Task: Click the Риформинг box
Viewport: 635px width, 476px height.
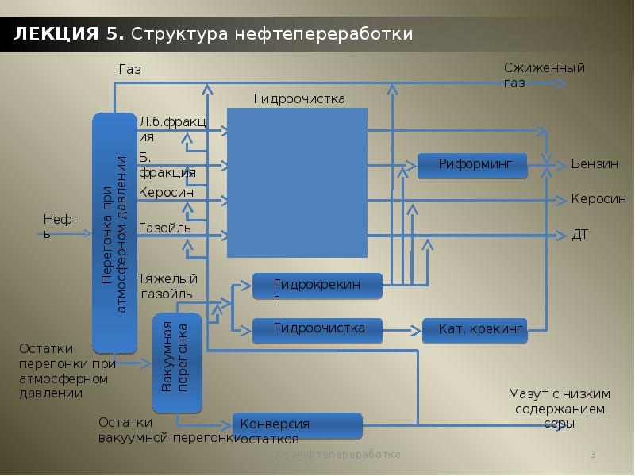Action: [472, 165]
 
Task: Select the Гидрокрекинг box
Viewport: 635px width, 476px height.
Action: [317, 286]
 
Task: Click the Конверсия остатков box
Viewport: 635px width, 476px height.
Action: [297, 426]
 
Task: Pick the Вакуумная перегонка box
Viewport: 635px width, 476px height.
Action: [178, 363]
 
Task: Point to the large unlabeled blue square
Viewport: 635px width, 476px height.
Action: [297, 182]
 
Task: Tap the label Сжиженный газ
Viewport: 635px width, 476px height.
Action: [544, 75]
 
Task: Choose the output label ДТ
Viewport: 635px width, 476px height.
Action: [579, 236]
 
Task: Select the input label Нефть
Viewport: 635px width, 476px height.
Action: [57, 225]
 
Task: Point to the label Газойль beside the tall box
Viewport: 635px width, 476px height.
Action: [164, 228]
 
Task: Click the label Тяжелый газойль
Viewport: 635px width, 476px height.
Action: [167, 286]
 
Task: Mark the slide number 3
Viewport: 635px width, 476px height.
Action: [592, 455]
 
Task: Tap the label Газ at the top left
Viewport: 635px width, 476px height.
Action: [129, 70]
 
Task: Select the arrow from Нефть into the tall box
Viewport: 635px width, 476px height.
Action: [74, 234]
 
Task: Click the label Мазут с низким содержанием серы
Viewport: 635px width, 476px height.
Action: [559, 409]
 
